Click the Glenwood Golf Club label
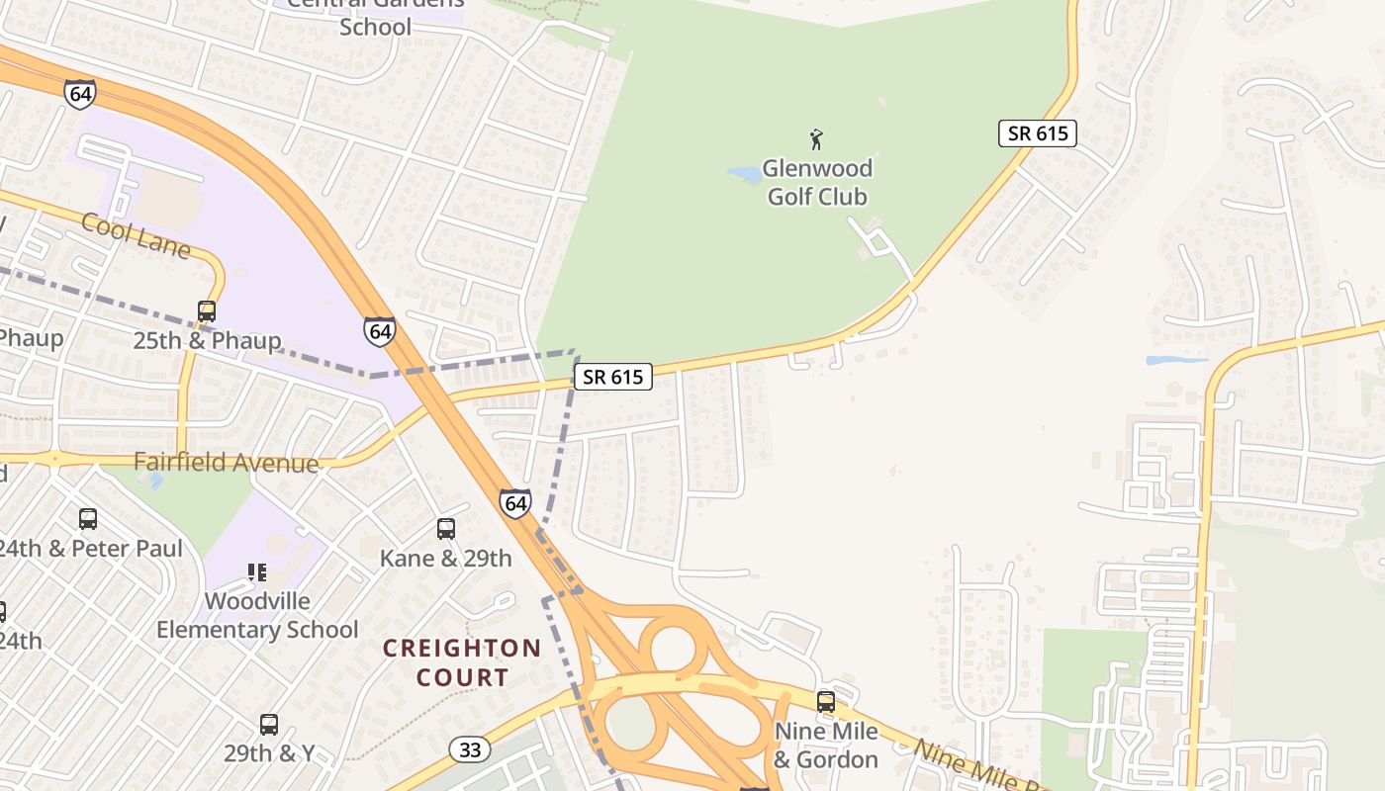pyautogui.click(x=818, y=182)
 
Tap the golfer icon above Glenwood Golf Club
pyautogui.click(x=816, y=139)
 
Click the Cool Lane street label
pyautogui.click(x=136, y=235)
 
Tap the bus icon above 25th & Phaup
pyautogui.click(x=207, y=311)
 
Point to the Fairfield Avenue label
pyautogui.click(x=227, y=463)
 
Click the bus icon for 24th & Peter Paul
pyautogui.click(x=88, y=518)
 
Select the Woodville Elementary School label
pyautogui.click(x=257, y=615)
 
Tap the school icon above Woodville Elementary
pyautogui.click(x=257, y=571)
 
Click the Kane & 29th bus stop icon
pyautogui.click(x=446, y=529)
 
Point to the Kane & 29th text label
pyautogui.click(x=446, y=559)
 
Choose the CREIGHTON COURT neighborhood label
pyautogui.click(x=462, y=662)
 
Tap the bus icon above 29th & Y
pyautogui.click(x=269, y=724)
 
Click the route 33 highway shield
pyautogui.click(x=470, y=750)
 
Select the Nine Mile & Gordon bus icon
pyautogui.click(x=826, y=702)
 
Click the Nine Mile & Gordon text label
pyautogui.click(x=826, y=746)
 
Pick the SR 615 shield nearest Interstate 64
pyautogui.click(x=613, y=377)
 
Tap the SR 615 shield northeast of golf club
pyautogui.click(x=1037, y=133)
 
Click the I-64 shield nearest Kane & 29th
pyautogui.click(x=515, y=503)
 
